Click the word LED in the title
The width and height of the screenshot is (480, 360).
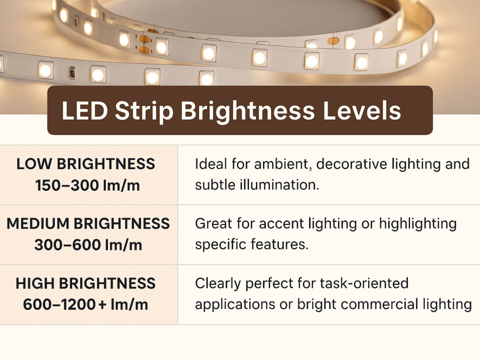pos(84,110)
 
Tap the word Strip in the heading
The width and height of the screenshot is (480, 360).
pos(144,111)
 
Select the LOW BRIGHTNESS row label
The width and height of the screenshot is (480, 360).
pos(85,164)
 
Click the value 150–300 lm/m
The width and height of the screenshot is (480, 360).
pos(87,185)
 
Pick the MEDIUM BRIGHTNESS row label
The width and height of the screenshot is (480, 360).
pos(88,223)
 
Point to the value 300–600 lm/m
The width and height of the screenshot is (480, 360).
pos(88,245)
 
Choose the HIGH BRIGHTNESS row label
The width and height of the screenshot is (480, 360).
pos(85,283)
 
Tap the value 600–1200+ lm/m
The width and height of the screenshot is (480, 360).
pos(85,304)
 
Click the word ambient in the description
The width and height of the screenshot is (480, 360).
pos(280,164)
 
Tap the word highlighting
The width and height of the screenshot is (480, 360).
pos(418,224)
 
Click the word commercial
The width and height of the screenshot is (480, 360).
pos(379,304)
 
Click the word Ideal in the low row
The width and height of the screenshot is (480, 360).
pos(211,164)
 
